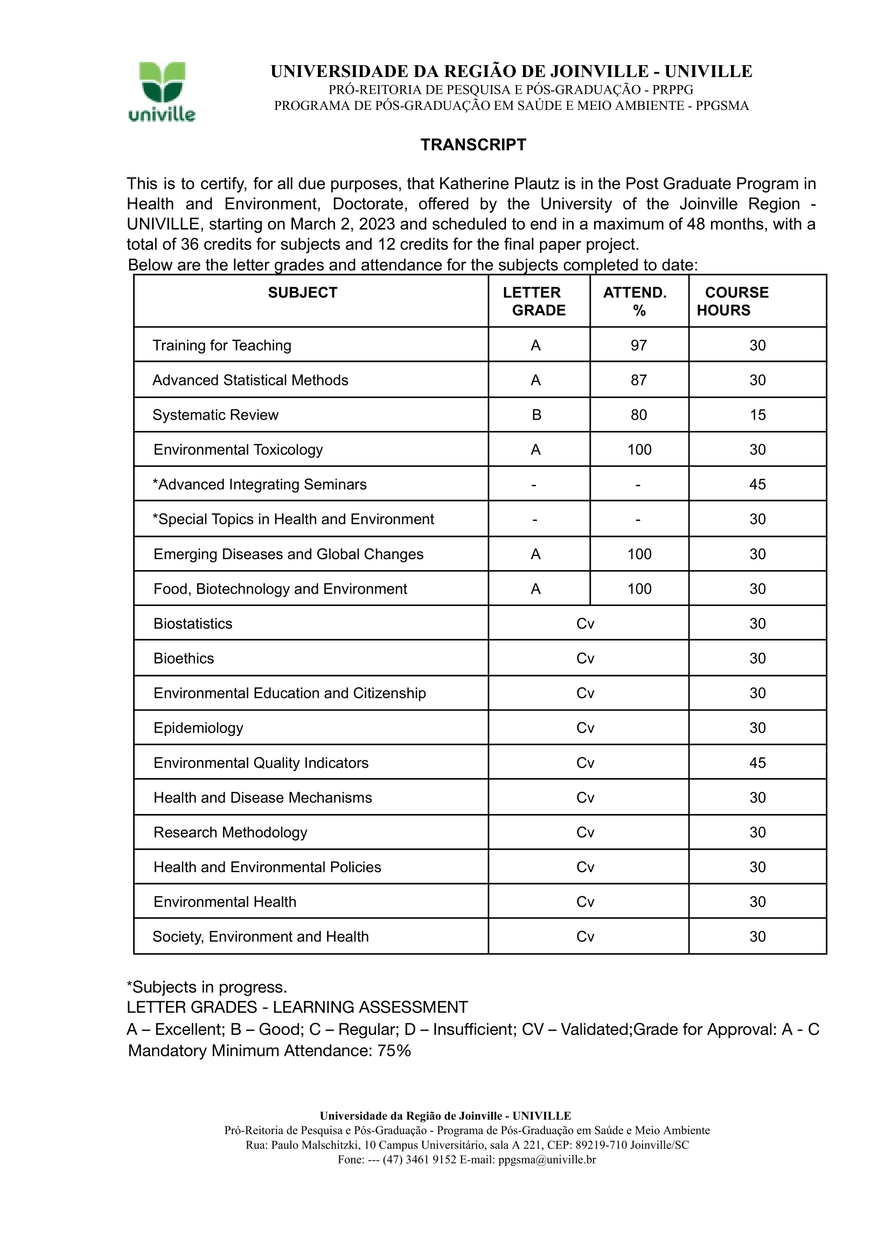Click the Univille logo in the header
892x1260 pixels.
(162, 91)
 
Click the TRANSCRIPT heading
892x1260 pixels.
(473, 144)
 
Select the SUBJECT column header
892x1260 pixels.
(303, 293)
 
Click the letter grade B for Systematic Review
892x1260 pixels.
(536, 415)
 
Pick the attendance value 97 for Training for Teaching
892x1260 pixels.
(638, 345)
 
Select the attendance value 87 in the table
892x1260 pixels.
(638, 380)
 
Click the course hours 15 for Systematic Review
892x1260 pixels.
(757, 415)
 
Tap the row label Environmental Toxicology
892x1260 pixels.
(238, 450)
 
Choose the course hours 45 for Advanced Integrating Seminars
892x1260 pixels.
(757, 484)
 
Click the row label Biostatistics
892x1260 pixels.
(193, 623)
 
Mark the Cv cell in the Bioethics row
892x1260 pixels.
(586, 658)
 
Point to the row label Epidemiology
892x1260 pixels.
(198, 728)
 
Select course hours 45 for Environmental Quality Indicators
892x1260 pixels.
(757, 762)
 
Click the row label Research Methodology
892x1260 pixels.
(230, 832)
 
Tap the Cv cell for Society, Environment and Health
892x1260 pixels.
(586, 936)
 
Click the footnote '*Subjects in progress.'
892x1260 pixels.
(207, 987)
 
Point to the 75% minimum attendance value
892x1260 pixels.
(394, 1051)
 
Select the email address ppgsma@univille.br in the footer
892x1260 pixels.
(547, 1159)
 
